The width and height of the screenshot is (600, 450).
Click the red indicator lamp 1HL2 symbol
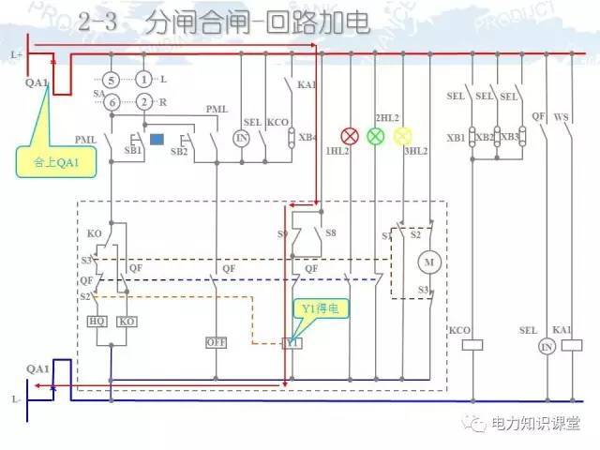click(349, 135)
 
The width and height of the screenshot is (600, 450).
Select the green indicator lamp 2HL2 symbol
click(375, 135)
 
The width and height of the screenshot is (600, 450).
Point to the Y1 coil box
click(292, 343)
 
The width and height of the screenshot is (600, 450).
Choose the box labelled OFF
click(217, 343)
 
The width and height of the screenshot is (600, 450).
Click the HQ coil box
click(97, 321)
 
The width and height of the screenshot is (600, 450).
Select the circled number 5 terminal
click(111, 79)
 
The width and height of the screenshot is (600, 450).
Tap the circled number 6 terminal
click(111, 101)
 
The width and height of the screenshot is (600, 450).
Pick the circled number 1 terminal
click(143, 79)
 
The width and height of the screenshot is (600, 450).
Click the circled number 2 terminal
click(143, 101)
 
